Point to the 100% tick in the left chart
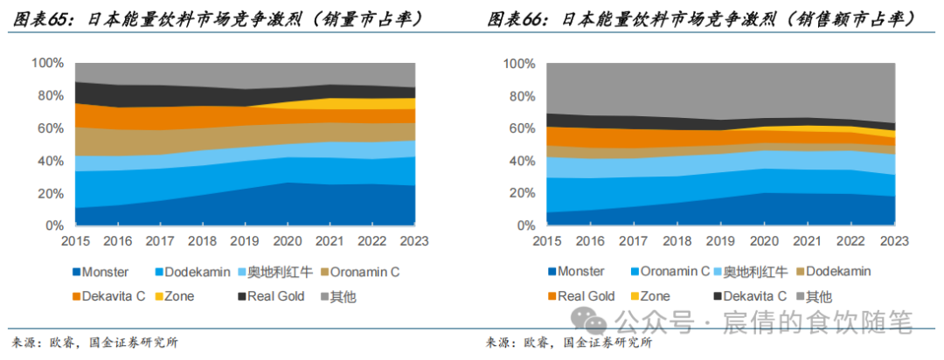coord(47,63)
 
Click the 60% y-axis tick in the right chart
coord(519,128)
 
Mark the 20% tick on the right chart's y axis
coord(519,194)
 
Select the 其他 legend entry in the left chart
coord(343,296)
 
